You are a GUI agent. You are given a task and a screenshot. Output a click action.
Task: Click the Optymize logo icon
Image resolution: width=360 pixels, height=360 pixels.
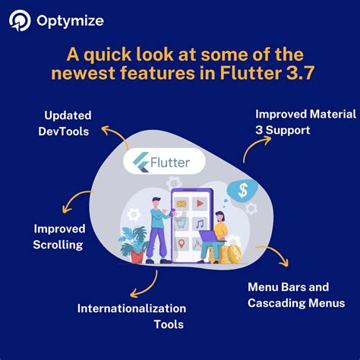pyautogui.click(x=21, y=21)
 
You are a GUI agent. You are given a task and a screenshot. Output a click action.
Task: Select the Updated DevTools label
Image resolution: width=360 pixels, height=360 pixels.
pyautogui.click(x=67, y=123)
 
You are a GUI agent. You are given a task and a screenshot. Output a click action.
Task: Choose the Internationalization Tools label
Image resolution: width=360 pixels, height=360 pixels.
pyautogui.click(x=131, y=317)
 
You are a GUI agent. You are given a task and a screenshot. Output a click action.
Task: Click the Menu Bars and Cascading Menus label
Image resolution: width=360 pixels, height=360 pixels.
pyautogui.click(x=296, y=295)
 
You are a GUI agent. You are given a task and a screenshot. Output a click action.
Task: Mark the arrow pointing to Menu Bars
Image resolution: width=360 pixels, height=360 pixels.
pyautogui.click(x=275, y=256)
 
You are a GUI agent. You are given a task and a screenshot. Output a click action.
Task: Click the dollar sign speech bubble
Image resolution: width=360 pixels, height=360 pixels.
pyautogui.click(x=244, y=190)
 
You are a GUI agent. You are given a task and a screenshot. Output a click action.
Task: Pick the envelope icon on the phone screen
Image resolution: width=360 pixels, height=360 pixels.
pyautogui.click(x=182, y=204)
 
